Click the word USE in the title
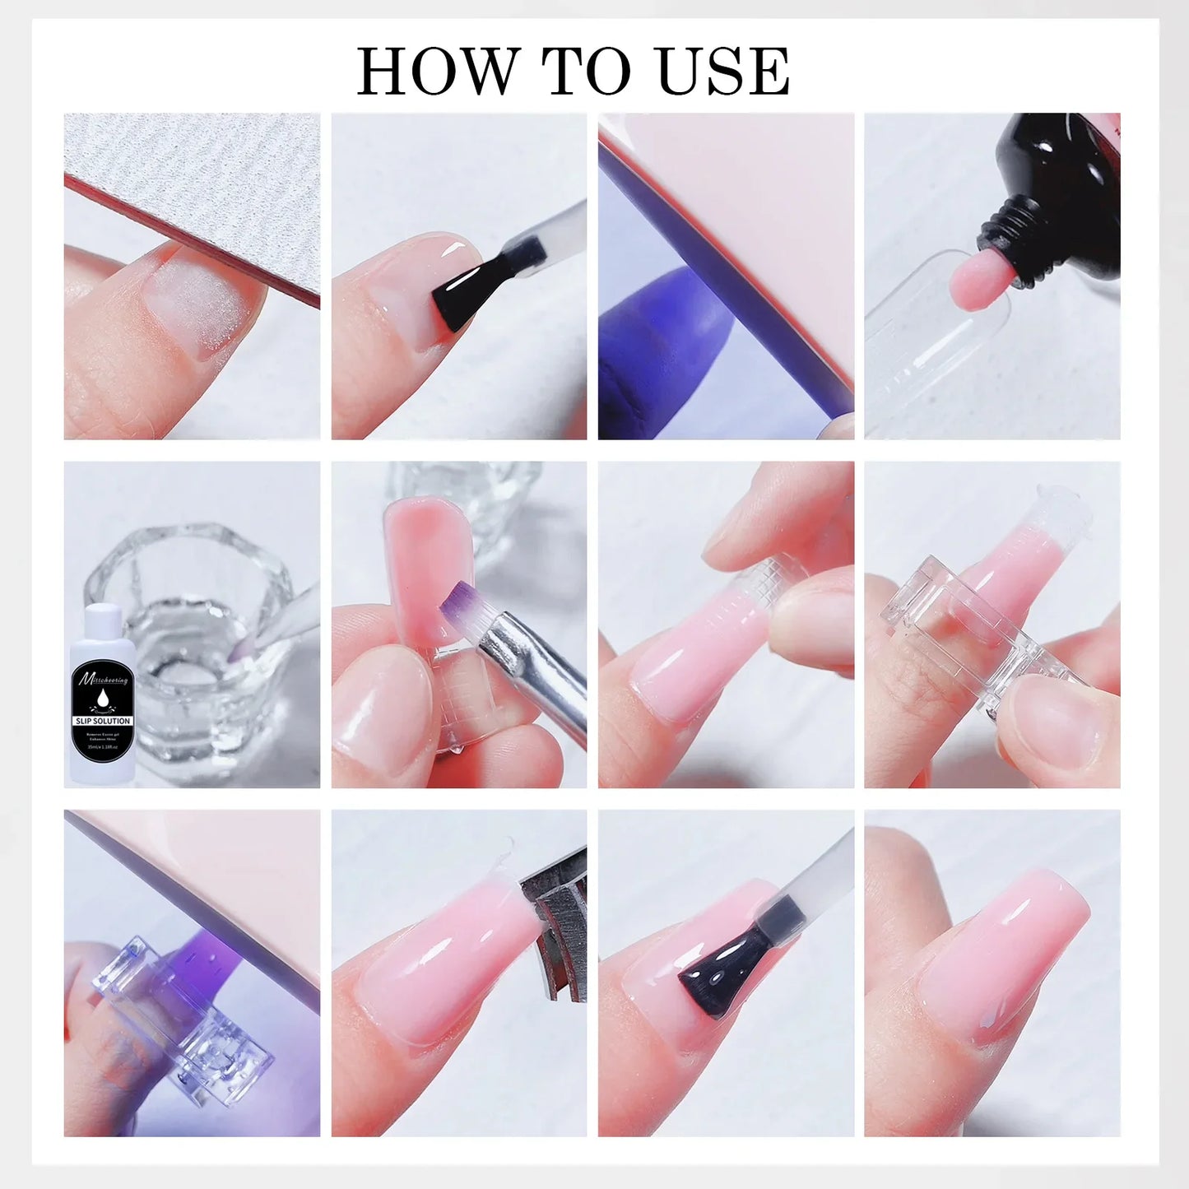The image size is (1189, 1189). (723, 72)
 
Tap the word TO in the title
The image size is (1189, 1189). (586, 72)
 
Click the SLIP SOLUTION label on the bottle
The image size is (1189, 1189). (103, 721)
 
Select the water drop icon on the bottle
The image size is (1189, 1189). (103, 699)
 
